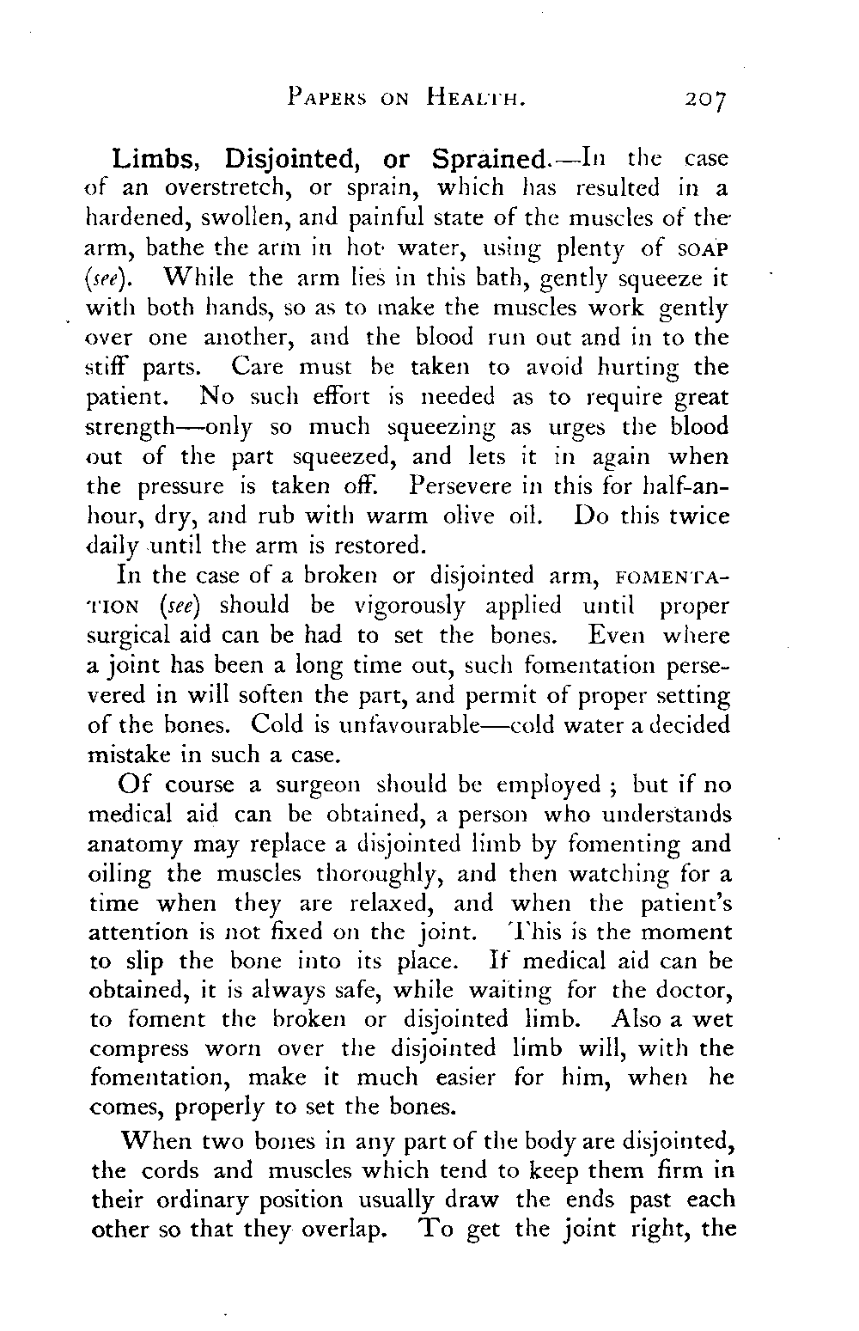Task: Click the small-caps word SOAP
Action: click(x=702, y=248)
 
